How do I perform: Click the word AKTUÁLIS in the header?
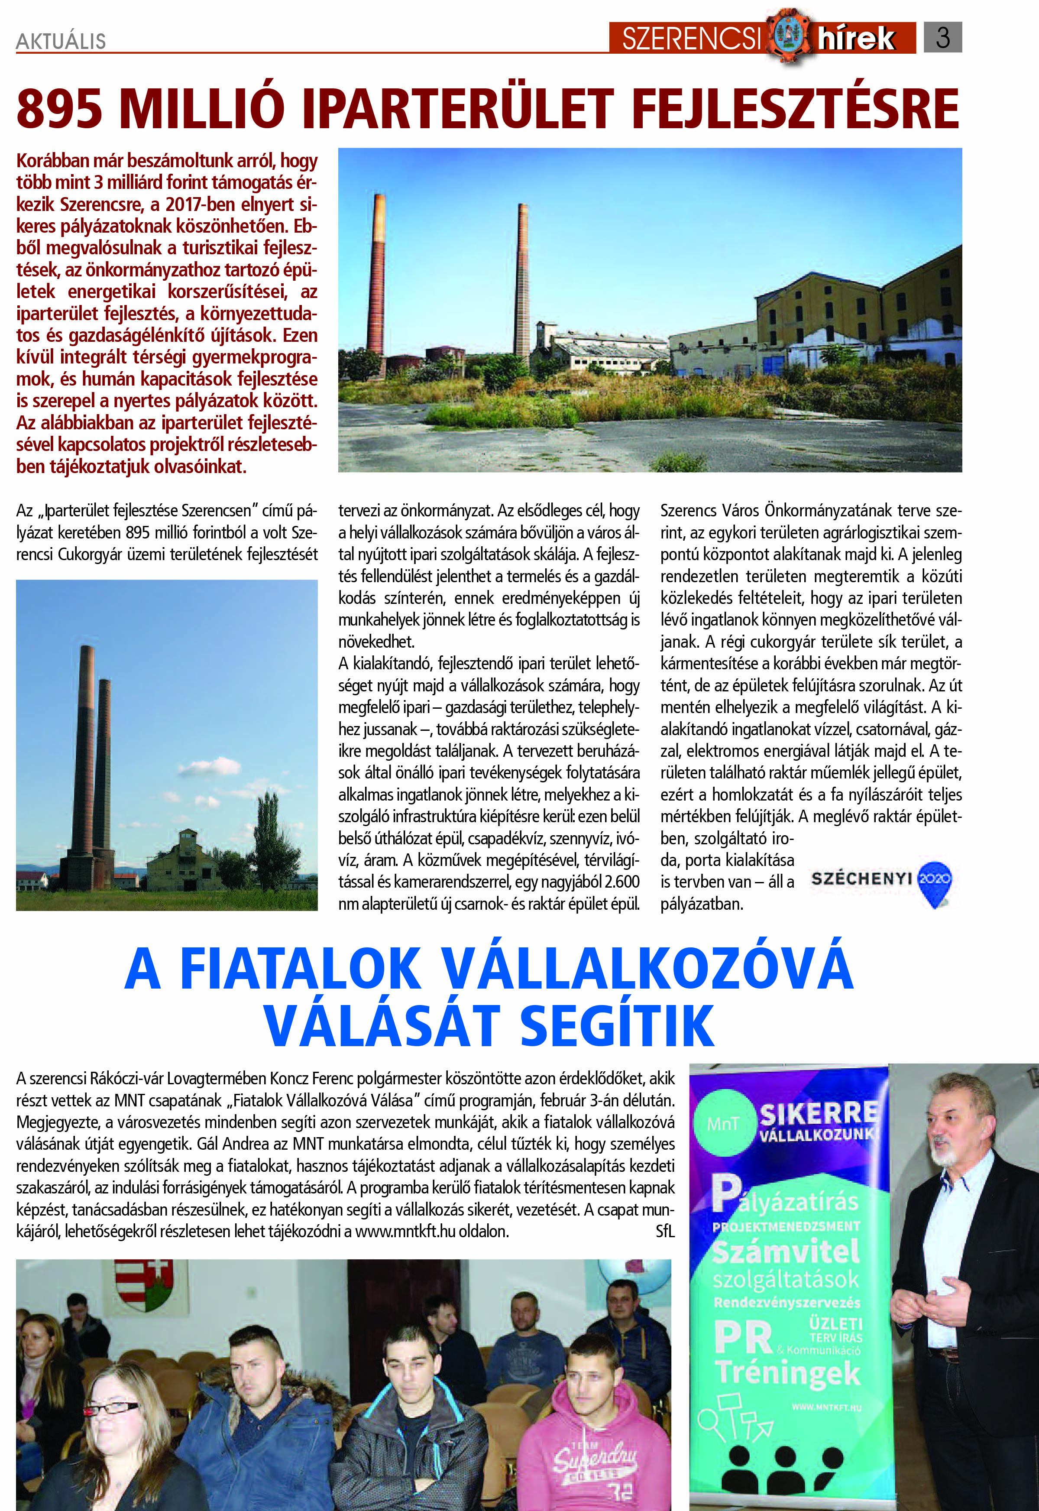tap(61, 41)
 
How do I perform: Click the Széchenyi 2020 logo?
tap(881, 881)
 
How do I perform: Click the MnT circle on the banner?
tap(722, 1124)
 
